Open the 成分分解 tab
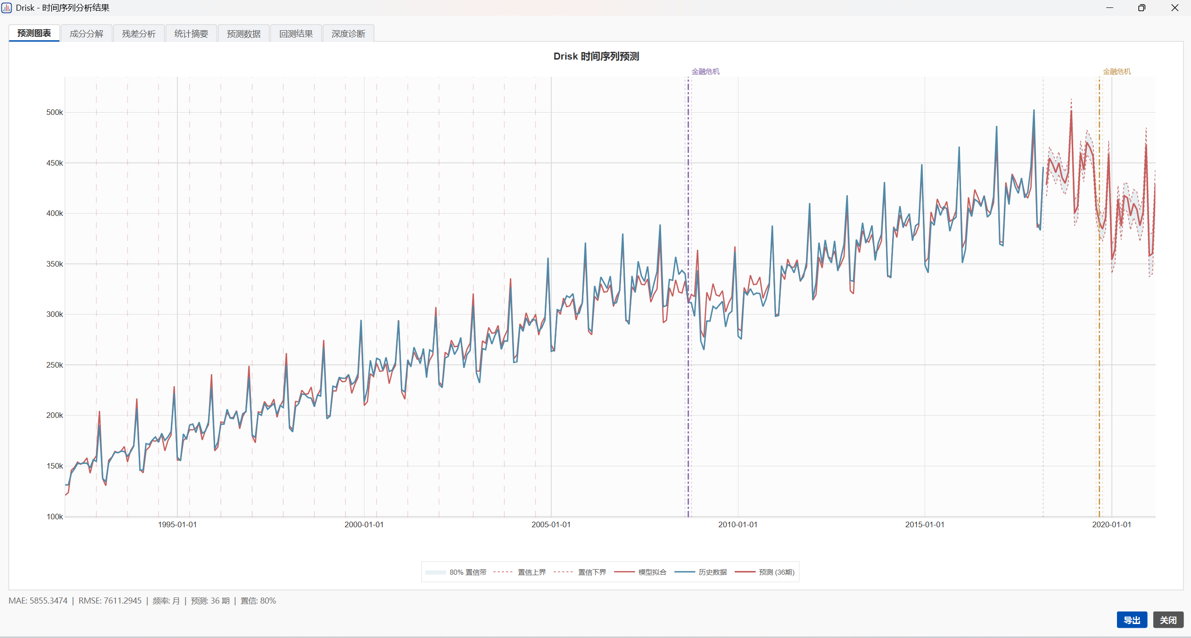tap(87, 34)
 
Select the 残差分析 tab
tap(139, 34)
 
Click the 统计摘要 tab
tap(191, 34)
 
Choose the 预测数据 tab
tap(244, 34)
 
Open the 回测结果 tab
tap(296, 34)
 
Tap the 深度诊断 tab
tap(348, 34)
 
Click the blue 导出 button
tap(1132, 620)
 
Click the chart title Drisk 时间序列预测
tap(596, 56)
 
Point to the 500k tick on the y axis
tap(54, 112)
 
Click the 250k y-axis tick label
tap(54, 365)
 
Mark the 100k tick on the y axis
tap(54, 517)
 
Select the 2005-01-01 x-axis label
tap(551, 524)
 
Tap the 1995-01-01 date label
tap(177, 524)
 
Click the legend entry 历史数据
tap(712, 572)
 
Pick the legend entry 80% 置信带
tap(467, 572)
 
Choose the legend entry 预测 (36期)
tap(777, 572)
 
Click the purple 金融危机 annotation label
tap(705, 71)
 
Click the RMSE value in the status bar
tap(110, 601)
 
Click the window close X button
tap(1175, 8)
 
